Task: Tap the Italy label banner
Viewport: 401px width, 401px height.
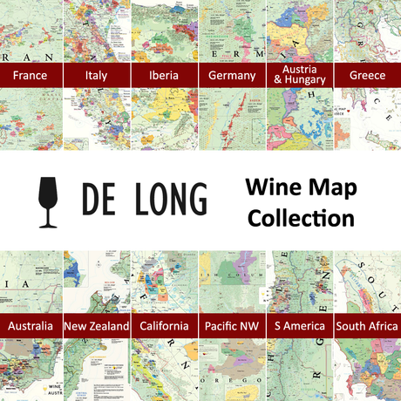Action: coord(97,76)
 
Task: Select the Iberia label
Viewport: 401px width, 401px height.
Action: coord(163,76)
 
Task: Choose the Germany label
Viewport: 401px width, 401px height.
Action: coord(232,76)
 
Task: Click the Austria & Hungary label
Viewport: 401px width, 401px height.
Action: coord(299,75)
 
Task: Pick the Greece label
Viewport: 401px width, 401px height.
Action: coord(367,76)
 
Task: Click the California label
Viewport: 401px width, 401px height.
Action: coord(163,327)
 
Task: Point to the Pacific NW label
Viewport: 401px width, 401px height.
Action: coord(232,327)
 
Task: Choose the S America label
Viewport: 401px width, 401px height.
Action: coord(299,327)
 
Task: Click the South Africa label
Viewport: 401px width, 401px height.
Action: coord(367,327)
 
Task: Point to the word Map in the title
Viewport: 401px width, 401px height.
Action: coord(331,188)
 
